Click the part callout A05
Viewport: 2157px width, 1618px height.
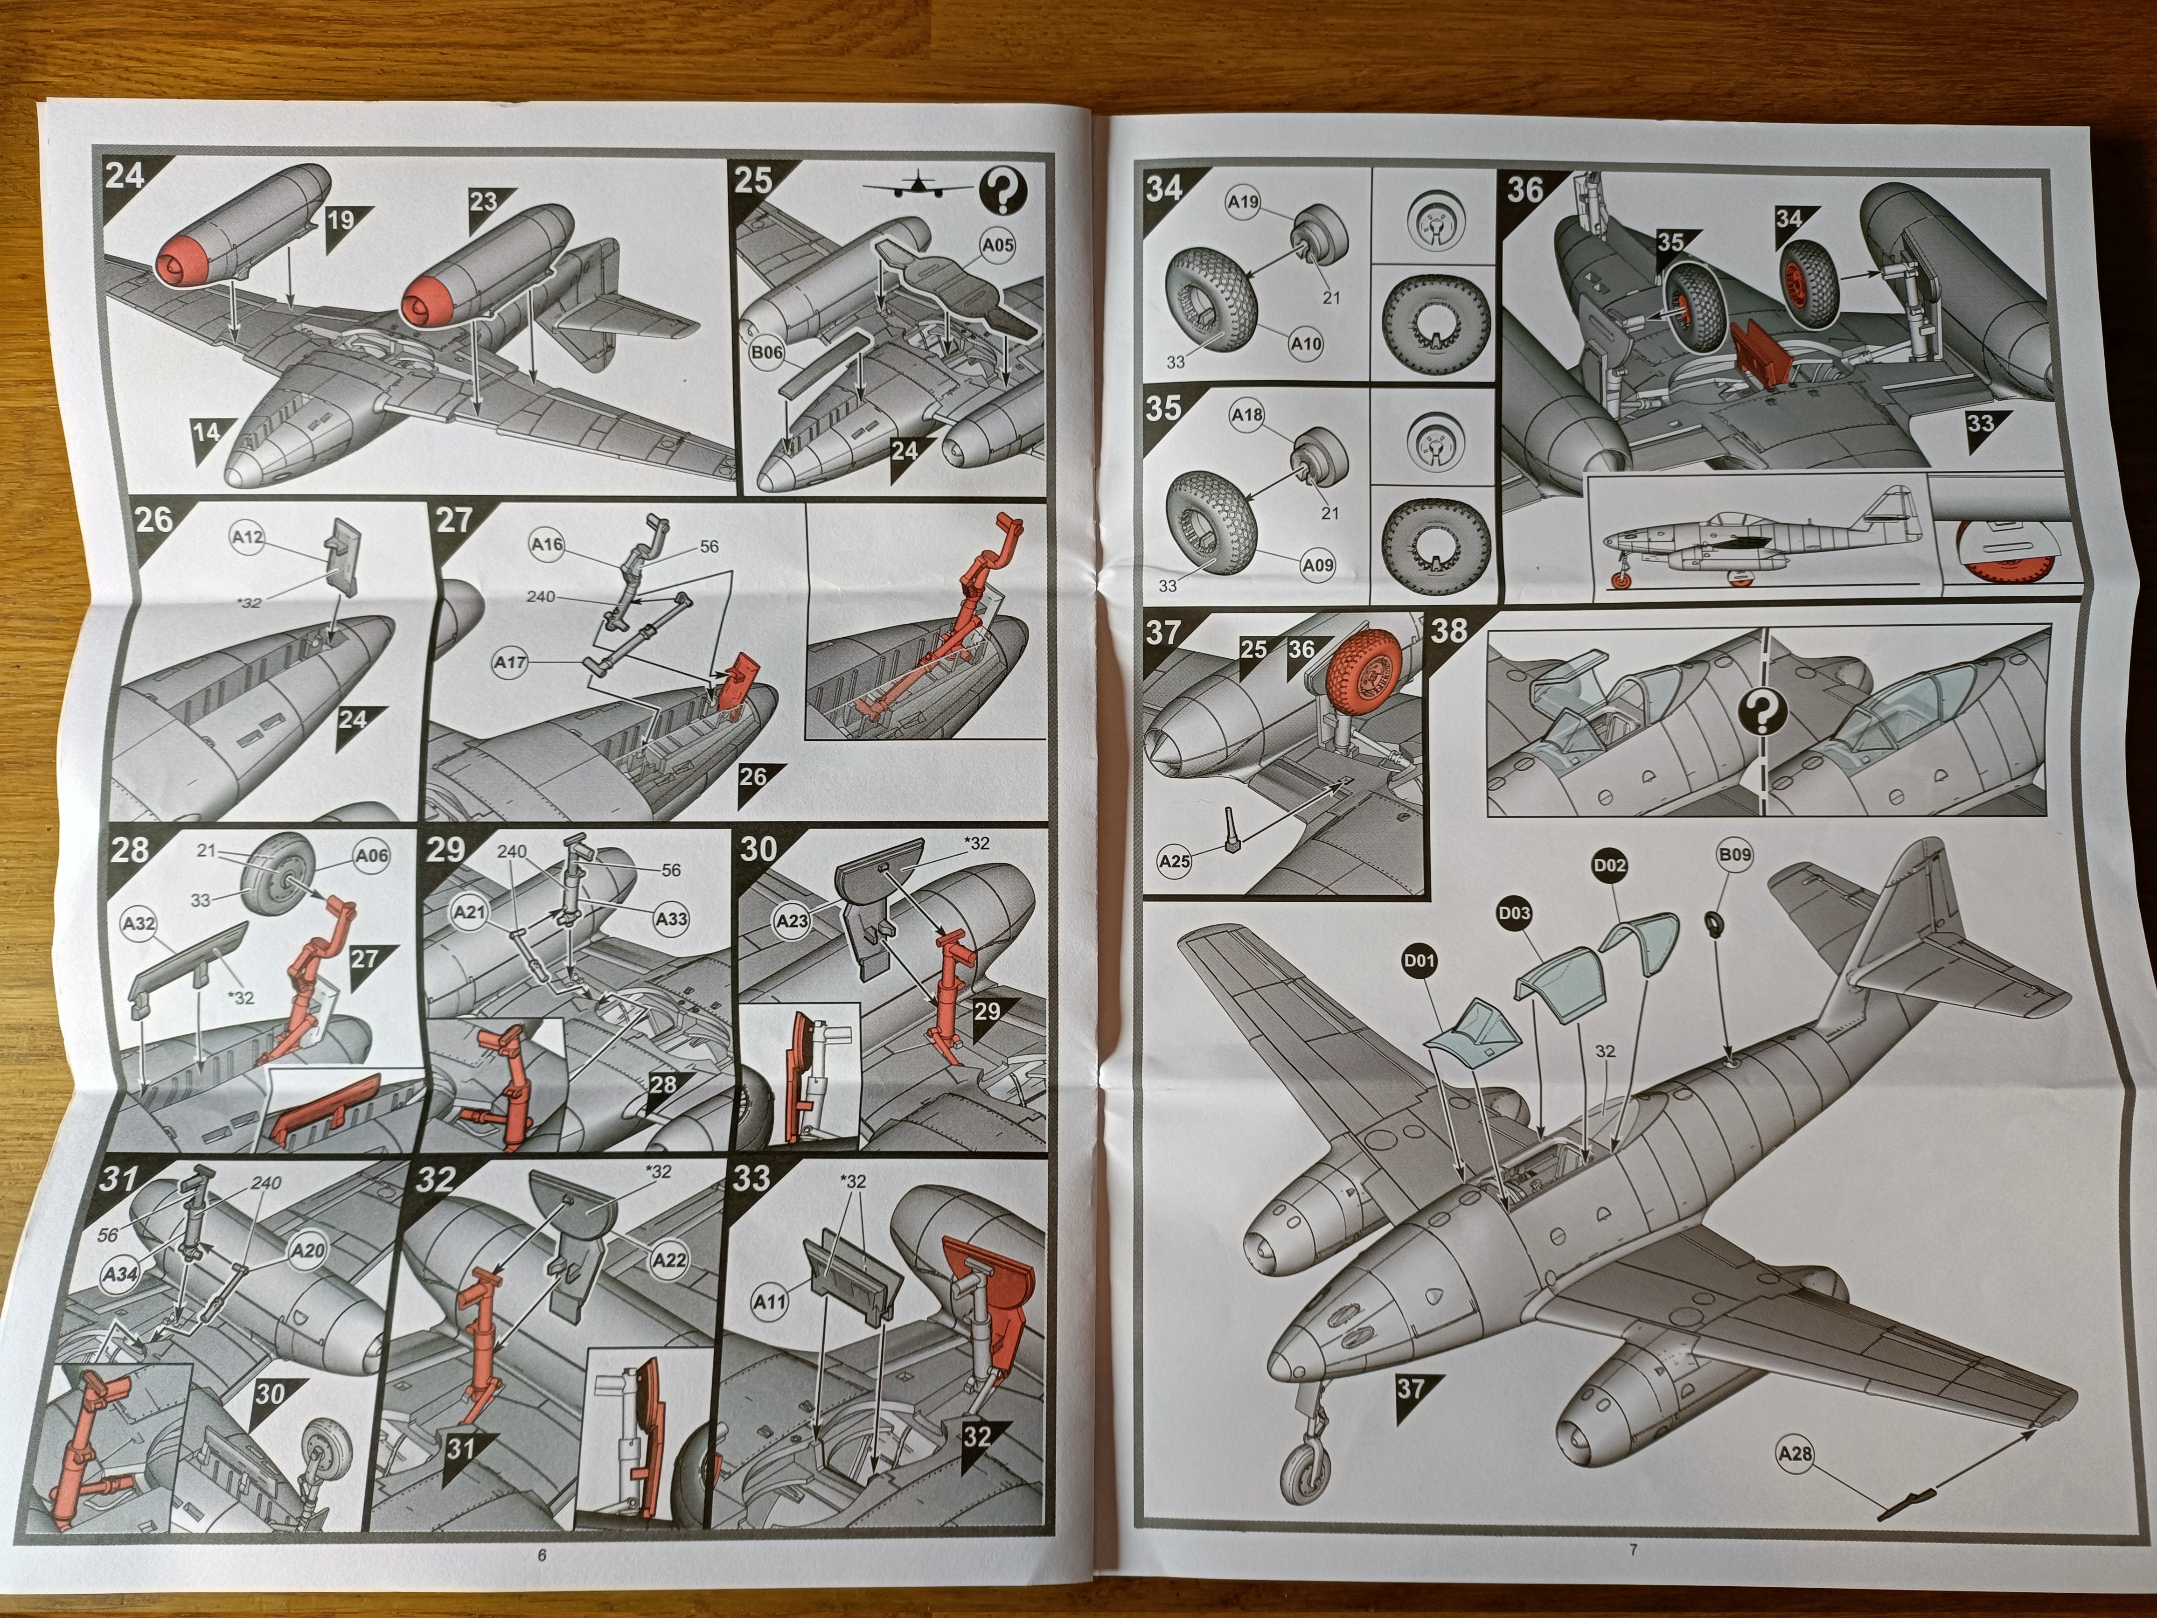click(997, 245)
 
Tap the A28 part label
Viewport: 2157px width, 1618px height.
click(1795, 1454)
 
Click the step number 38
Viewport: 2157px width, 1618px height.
click(1449, 631)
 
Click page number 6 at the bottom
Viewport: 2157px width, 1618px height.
click(542, 1555)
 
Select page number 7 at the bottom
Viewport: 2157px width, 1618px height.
click(1632, 1550)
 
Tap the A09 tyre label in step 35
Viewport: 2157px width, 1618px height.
click(1317, 565)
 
